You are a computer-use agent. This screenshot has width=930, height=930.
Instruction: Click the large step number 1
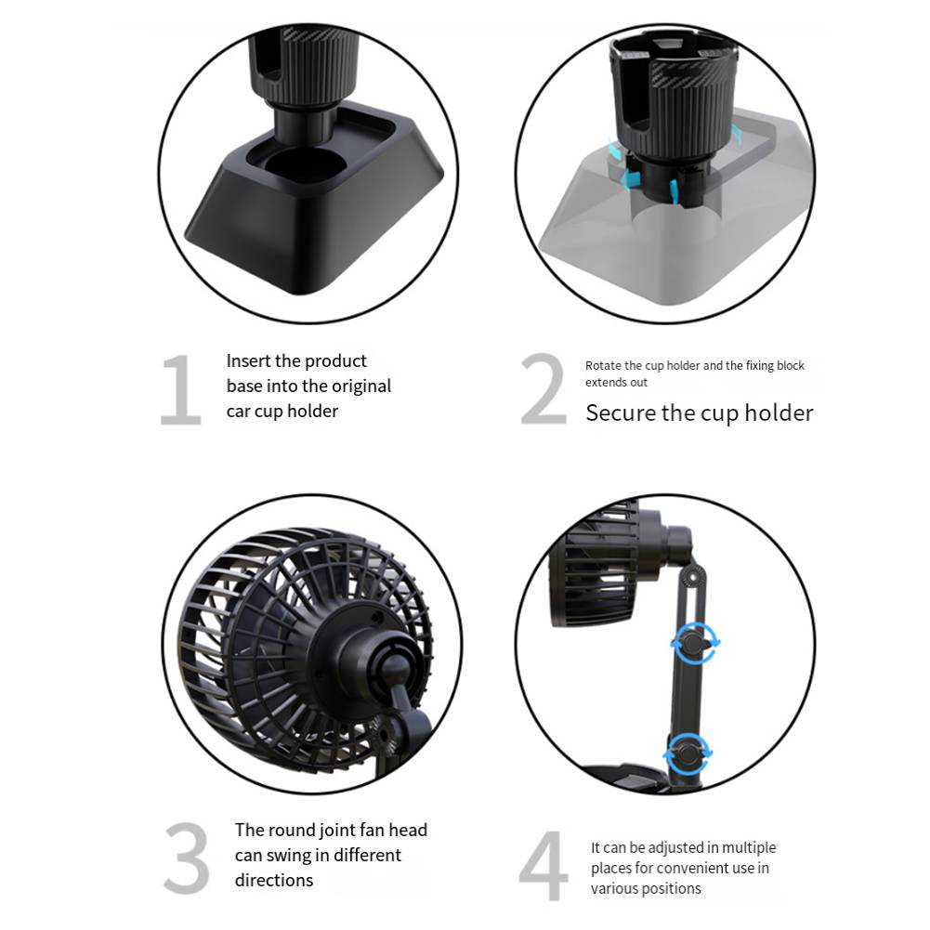coord(181,390)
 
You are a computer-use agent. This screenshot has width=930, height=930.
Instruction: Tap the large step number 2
coord(544,390)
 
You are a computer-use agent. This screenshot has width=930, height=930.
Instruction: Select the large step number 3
coord(187,857)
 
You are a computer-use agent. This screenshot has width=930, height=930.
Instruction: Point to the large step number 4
coord(544,867)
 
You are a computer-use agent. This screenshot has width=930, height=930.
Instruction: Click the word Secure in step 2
coord(621,413)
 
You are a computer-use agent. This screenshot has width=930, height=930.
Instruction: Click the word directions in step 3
coord(273,880)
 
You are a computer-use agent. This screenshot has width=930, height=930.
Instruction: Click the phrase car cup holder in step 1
coord(282,411)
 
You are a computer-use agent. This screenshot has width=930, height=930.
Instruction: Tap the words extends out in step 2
coord(616,382)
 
